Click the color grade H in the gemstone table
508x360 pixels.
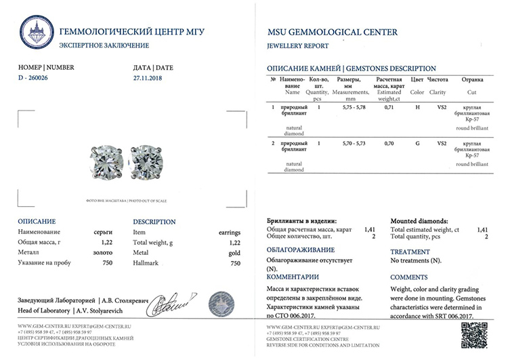point(417,107)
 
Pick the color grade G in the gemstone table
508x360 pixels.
point(417,144)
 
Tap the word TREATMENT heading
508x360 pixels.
point(410,252)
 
